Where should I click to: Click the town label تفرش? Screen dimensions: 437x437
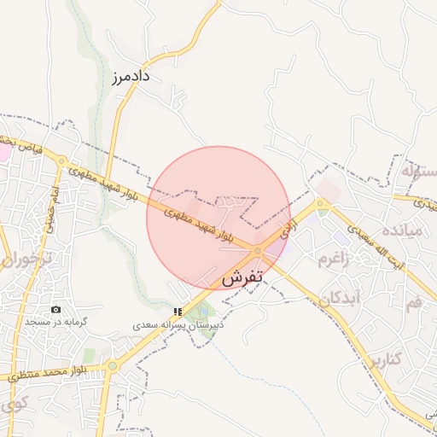[245, 278]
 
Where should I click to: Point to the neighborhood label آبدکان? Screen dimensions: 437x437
[344, 299]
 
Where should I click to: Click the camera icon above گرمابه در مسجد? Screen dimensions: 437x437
[56, 309]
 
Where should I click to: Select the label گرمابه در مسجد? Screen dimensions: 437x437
[56, 322]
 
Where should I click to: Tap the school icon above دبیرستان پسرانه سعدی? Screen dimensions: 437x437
[178, 312]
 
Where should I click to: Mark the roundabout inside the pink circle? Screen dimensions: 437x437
[258, 250]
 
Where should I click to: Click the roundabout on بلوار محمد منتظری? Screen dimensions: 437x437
[111, 367]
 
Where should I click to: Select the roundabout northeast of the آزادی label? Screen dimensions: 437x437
[320, 204]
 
